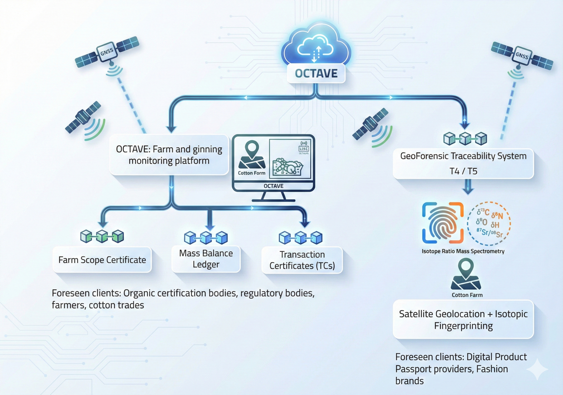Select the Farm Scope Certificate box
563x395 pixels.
tap(102, 260)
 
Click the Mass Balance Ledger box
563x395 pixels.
tap(206, 258)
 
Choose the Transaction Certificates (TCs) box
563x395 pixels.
tap(302, 260)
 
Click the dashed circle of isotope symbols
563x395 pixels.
tap(489, 222)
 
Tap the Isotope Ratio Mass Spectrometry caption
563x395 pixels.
tap(463, 251)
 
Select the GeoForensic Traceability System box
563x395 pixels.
tap(463, 162)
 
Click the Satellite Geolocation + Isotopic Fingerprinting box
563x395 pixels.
tap(463, 319)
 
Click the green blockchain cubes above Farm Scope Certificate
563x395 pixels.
tap(102, 236)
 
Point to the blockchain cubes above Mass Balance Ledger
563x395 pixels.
tap(206, 238)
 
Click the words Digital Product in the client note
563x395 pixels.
tap(496, 357)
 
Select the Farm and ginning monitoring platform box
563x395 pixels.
tap(169, 155)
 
